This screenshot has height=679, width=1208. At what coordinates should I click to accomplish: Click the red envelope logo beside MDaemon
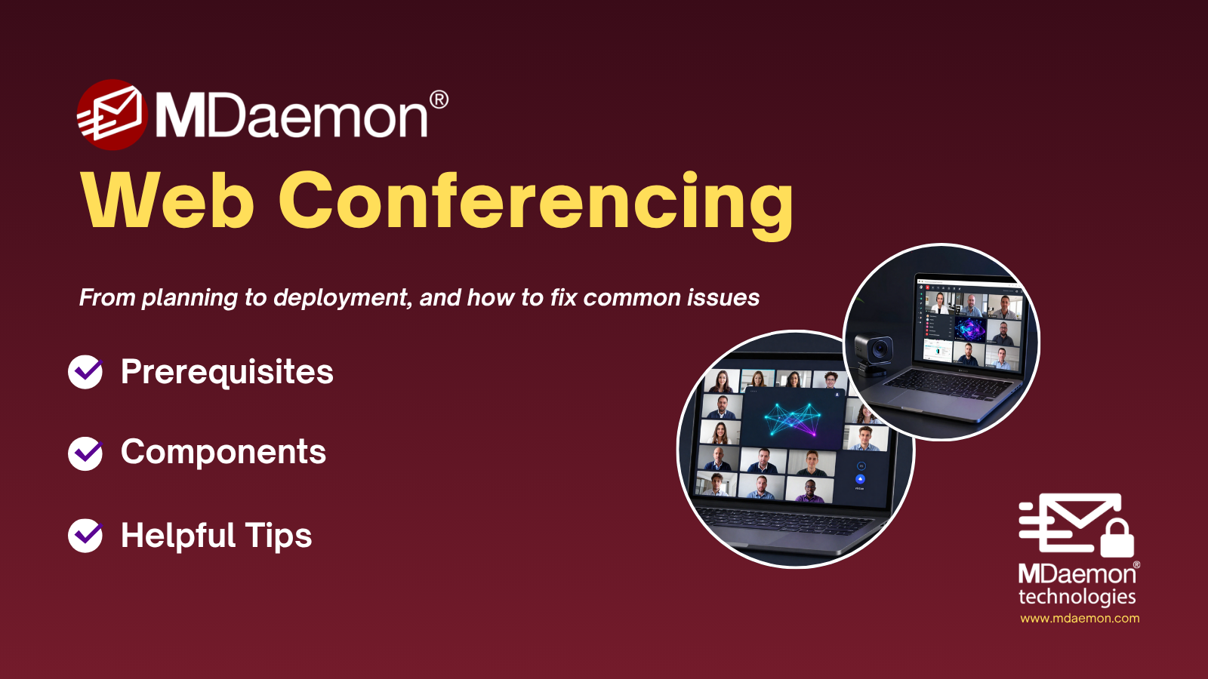tap(112, 114)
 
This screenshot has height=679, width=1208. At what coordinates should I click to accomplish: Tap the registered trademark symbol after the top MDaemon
tap(439, 100)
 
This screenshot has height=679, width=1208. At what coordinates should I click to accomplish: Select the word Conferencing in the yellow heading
tap(536, 204)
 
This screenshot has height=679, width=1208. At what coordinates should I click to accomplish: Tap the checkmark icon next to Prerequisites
tap(85, 372)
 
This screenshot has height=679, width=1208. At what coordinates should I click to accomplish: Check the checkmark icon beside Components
tap(85, 453)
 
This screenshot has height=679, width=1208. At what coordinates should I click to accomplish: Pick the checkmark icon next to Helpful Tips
tap(85, 536)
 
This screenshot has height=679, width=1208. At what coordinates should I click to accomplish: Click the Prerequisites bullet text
tap(227, 372)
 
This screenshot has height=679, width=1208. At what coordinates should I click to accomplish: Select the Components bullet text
tap(223, 452)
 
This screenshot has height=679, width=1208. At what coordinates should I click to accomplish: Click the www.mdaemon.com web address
tap(1080, 618)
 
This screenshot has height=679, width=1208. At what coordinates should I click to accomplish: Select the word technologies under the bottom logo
tap(1077, 597)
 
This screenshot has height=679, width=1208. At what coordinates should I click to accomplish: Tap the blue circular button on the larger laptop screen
tap(860, 479)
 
